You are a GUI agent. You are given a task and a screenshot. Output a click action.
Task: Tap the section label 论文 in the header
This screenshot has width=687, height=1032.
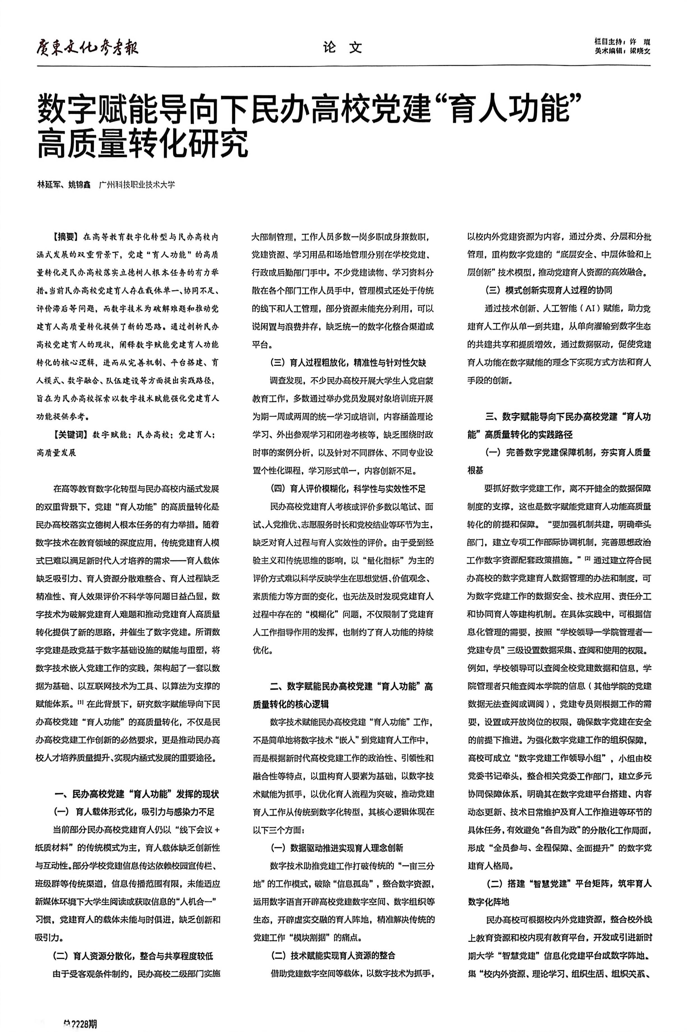pyautogui.click(x=343, y=47)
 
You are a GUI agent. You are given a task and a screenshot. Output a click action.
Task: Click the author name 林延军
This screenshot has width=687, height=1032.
pyautogui.click(x=49, y=185)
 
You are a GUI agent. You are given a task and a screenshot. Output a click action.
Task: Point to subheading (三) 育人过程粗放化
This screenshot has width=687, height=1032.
pyautogui.click(x=348, y=363)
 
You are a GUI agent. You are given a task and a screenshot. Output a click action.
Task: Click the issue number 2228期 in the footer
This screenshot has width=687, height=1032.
pyautogui.click(x=81, y=1012)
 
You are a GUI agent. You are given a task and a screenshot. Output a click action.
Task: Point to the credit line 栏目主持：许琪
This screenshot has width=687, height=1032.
pyautogui.click(x=622, y=42)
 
